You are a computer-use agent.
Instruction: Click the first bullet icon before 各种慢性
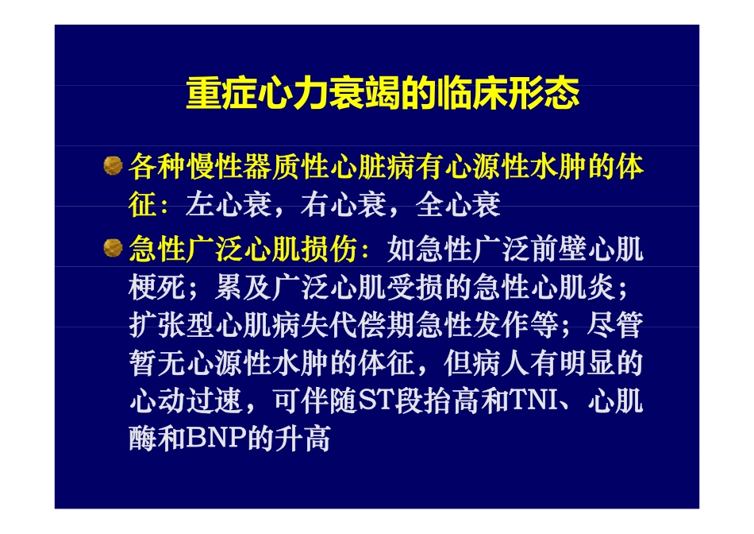113,166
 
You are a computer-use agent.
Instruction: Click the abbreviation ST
372,401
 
